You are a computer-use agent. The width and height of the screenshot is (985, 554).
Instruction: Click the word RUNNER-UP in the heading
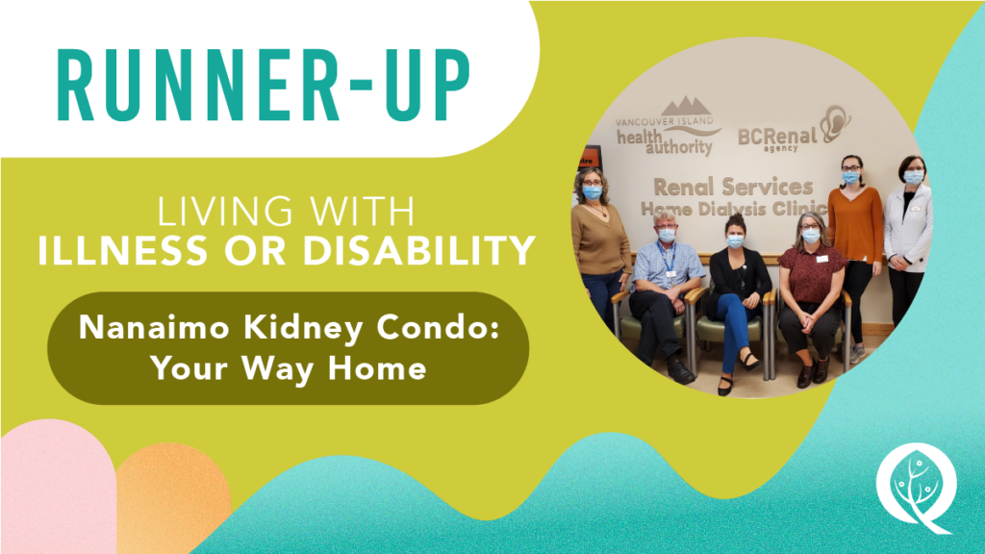(264, 85)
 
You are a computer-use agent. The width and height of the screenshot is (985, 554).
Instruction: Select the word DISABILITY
(419, 250)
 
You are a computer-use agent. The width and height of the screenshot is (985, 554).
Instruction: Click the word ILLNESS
(122, 250)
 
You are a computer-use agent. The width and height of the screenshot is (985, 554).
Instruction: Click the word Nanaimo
(154, 327)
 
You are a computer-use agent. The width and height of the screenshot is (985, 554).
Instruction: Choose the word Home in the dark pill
(377, 367)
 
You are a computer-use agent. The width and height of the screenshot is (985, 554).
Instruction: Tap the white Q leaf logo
(917, 488)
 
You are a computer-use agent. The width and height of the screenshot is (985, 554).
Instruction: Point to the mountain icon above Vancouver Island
(687, 106)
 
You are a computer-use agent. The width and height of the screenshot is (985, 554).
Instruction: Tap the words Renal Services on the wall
(732, 187)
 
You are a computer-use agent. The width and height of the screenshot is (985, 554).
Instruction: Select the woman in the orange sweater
(854, 251)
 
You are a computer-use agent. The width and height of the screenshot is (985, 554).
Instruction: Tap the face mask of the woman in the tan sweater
(593, 191)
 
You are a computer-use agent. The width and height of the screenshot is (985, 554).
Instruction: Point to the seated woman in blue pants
(738, 301)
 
